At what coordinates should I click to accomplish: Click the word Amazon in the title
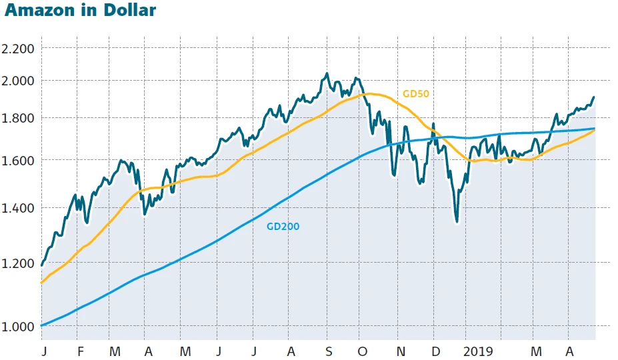tap(39, 11)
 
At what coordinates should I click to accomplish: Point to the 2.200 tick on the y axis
tap(19, 49)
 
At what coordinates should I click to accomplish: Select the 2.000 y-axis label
tap(19, 81)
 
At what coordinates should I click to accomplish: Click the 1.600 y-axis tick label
tap(19, 161)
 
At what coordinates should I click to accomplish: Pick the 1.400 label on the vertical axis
tap(19, 208)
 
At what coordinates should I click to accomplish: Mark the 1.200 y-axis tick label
tap(19, 263)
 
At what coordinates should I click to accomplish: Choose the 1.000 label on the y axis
tap(19, 327)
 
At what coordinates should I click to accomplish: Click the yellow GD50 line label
tap(416, 93)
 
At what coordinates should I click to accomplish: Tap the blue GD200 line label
tap(283, 227)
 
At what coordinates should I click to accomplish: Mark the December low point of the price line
tap(457, 222)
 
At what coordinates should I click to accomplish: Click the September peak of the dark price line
tap(327, 73)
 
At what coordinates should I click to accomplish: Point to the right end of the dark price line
tap(593, 97)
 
